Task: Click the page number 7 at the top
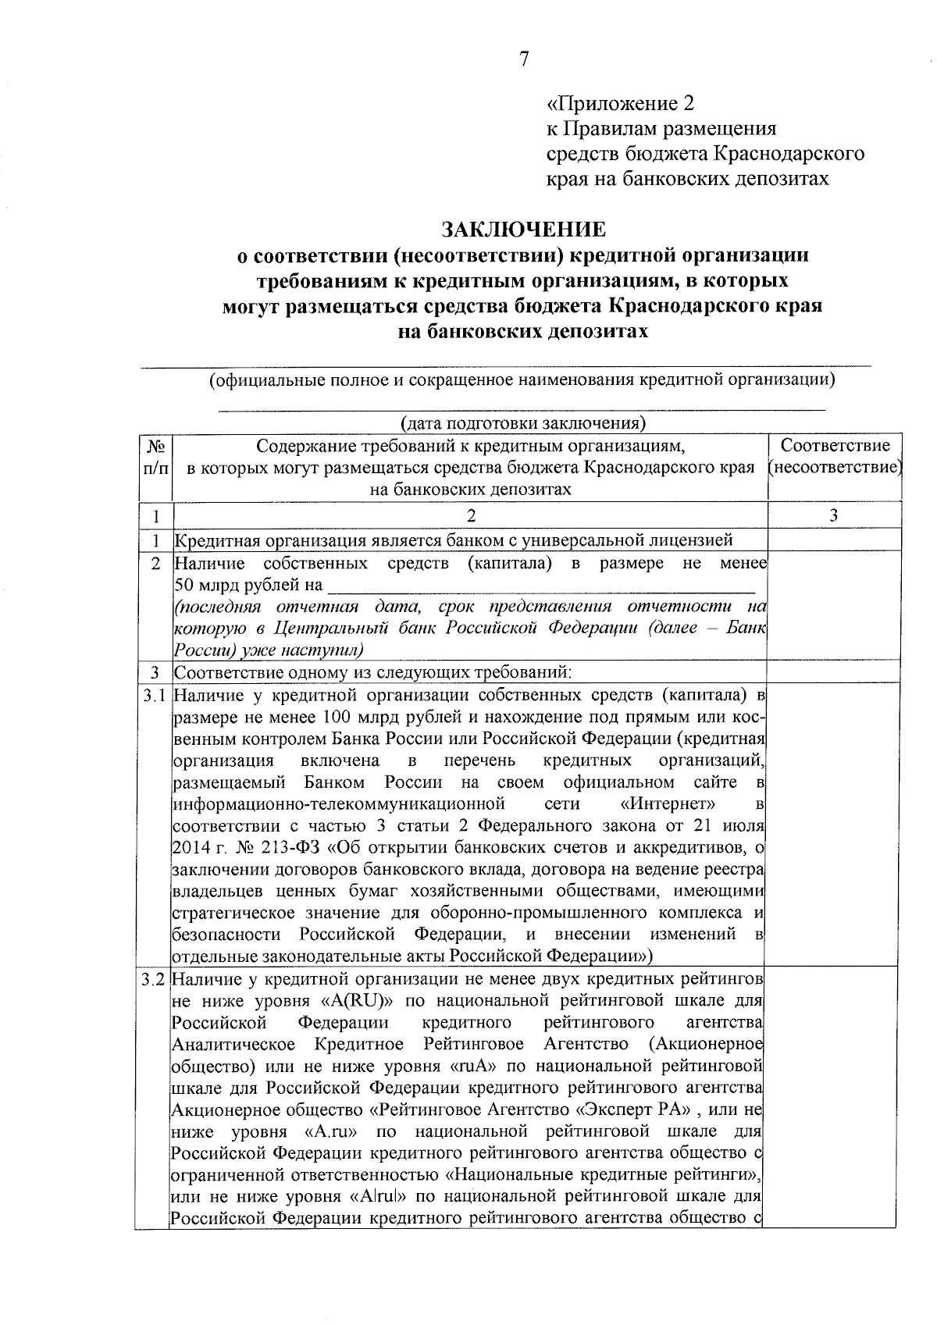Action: (x=524, y=59)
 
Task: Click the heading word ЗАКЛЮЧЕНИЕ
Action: (x=523, y=230)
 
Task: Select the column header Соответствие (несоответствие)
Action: (x=835, y=457)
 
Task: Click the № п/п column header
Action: (x=156, y=457)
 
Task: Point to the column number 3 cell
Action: (x=834, y=515)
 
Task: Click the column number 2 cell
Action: (x=470, y=515)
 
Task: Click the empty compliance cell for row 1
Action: (x=834, y=540)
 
